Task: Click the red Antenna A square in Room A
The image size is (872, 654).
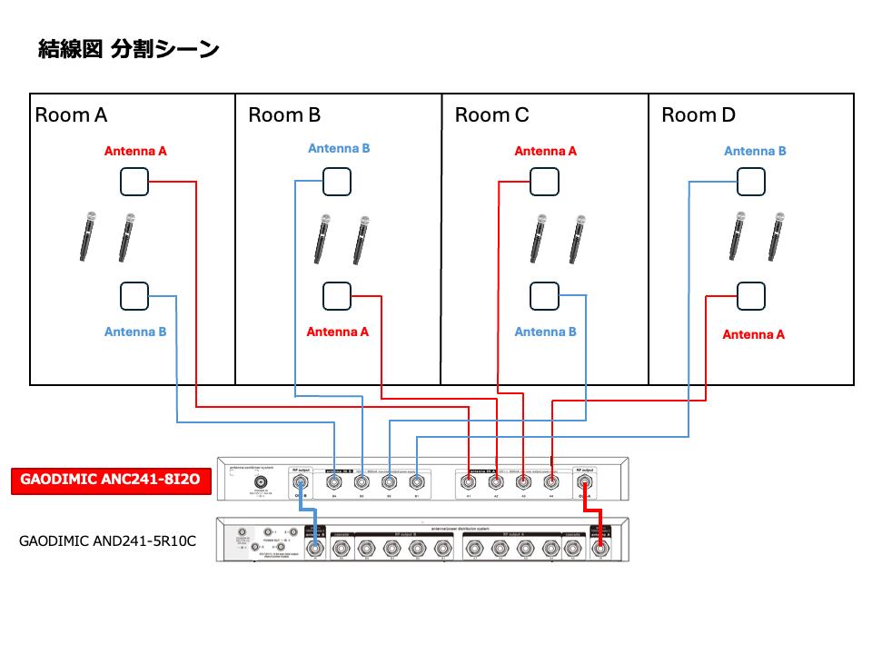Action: [x=134, y=182]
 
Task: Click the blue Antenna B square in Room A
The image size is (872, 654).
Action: [x=134, y=296]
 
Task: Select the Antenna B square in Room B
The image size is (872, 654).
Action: [x=337, y=182]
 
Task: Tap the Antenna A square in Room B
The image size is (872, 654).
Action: [x=337, y=296]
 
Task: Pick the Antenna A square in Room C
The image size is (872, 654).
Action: [x=544, y=182]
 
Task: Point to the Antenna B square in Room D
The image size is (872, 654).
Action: [x=750, y=182]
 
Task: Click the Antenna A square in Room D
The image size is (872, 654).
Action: [x=750, y=296]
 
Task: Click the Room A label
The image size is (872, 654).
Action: [x=71, y=115]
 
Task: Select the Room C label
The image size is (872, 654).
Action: [x=491, y=115]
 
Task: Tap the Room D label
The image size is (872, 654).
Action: [x=699, y=115]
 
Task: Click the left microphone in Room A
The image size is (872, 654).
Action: [x=88, y=236]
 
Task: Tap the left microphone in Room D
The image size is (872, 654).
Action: [x=738, y=236]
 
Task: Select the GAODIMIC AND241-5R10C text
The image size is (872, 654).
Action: [x=107, y=540]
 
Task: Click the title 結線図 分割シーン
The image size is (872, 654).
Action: [x=128, y=49]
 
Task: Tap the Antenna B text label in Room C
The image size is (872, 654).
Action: [x=545, y=332]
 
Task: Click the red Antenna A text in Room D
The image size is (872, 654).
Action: [x=753, y=334]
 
